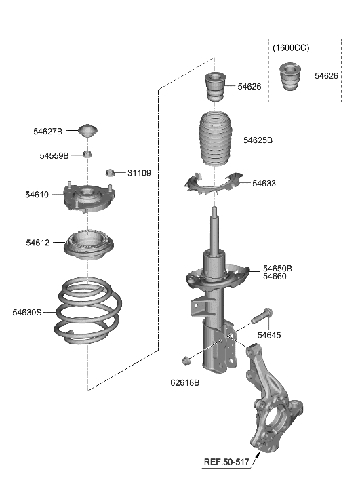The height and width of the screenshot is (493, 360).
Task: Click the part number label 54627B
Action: [x=48, y=131]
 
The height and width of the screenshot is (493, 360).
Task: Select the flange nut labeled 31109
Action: [x=111, y=172]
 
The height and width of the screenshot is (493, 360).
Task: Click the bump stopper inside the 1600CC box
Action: [x=291, y=76]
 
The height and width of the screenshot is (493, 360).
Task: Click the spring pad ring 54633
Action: [x=214, y=184]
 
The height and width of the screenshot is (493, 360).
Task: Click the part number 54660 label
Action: [x=275, y=277]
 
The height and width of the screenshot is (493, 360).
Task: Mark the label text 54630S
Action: [x=26, y=312]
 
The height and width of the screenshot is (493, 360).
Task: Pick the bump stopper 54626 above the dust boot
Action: [x=216, y=86]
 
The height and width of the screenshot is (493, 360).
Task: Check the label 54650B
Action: [x=277, y=268]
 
